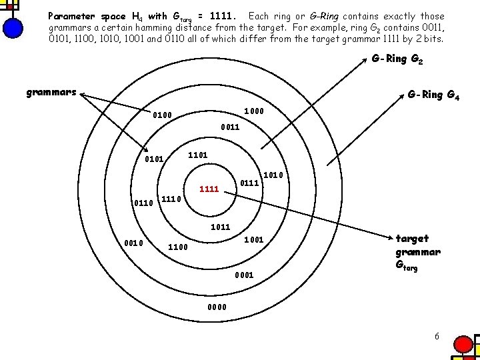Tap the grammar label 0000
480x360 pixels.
(217, 307)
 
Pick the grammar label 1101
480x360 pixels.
(198, 155)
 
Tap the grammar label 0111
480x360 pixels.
(250, 181)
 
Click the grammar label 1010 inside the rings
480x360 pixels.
(274, 175)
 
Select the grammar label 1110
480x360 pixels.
(172, 199)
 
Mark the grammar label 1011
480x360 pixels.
(221, 227)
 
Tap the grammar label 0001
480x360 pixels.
(244, 275)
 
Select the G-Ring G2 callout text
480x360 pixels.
(398, 59)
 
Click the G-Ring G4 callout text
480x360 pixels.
(433, 95)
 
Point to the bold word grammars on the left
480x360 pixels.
(51, 93)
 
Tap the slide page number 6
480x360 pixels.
(437, 336)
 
